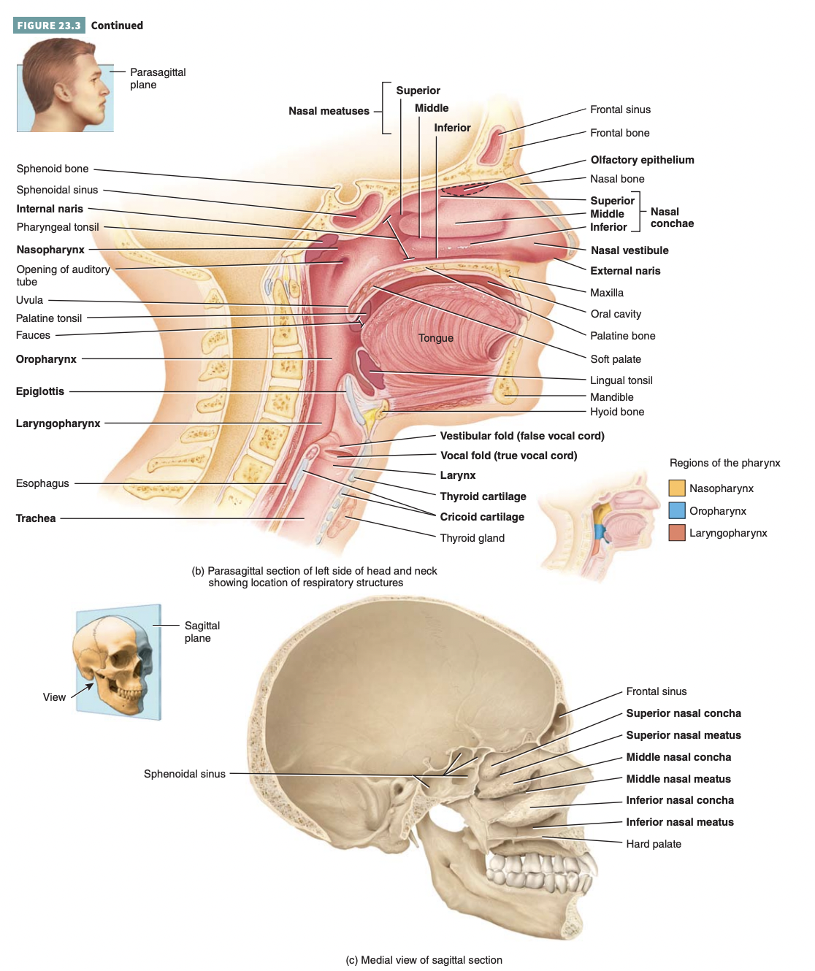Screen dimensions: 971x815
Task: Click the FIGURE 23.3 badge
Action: coord(49,26)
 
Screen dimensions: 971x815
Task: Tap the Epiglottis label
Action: coord(40,391)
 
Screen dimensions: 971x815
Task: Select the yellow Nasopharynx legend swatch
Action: coord(677,488)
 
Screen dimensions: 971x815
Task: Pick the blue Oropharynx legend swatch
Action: coord(677,510)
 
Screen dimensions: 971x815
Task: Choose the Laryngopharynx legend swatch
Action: coord(677,533)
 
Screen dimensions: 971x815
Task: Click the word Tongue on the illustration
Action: coord(436,338)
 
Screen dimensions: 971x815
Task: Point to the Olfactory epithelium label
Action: coord(642,160)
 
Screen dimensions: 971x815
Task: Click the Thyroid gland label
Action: coord(472,538)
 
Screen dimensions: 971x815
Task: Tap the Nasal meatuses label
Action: coord(329,111)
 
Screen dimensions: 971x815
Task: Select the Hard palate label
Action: coord(653,844)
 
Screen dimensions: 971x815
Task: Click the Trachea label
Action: coord(36,518)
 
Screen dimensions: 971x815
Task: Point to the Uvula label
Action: coord(29,300)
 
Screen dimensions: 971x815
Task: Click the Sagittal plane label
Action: coord(202,632)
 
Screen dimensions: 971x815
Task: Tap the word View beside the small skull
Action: coord(54,697)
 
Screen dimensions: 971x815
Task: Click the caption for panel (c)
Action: coord(424,960)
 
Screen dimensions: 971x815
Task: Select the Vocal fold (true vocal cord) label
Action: coord(508,456)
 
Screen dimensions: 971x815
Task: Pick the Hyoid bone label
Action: coord(617,412)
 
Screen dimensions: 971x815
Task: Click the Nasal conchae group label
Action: coord(672,218)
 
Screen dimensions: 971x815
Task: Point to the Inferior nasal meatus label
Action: coord(679,822)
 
